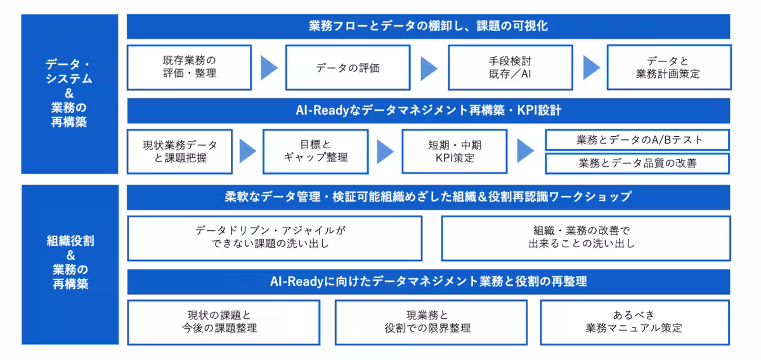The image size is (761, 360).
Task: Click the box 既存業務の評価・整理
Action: click(x=189, y=67)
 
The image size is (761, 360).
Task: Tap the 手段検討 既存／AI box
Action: click(x=510, y=67)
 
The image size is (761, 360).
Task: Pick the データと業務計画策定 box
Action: click(x=668, y=67)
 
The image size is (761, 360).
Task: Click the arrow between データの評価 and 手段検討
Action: click(x=429, y=68)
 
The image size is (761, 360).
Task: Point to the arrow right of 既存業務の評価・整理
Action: click(x=269, y=68)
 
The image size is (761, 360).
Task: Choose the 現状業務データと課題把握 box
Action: click(x=179, y=151)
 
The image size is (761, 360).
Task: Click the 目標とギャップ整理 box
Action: click(x=315, y=151)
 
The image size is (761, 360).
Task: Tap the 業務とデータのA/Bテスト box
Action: click(x=637, y=140)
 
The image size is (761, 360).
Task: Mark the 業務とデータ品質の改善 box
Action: click(x=637, y=163)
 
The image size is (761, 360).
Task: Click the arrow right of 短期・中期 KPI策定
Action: click(x=525, y=151)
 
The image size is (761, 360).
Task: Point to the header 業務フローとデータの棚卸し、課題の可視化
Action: click(x=428, y=27)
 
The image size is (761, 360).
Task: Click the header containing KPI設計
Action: click(x=428, y=110)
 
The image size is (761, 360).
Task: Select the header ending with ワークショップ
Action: click(x=428, y=196)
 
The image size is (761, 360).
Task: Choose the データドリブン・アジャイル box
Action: click(x=275, y=238)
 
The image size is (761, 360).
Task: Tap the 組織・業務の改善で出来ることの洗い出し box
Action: click(x=585, y=238)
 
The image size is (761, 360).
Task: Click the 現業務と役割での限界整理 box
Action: click(x=431, y=322)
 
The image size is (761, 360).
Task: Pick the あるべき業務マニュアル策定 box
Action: click(x=635, y=322)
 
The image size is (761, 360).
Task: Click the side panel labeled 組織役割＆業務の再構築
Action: click(x=70, y=264)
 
